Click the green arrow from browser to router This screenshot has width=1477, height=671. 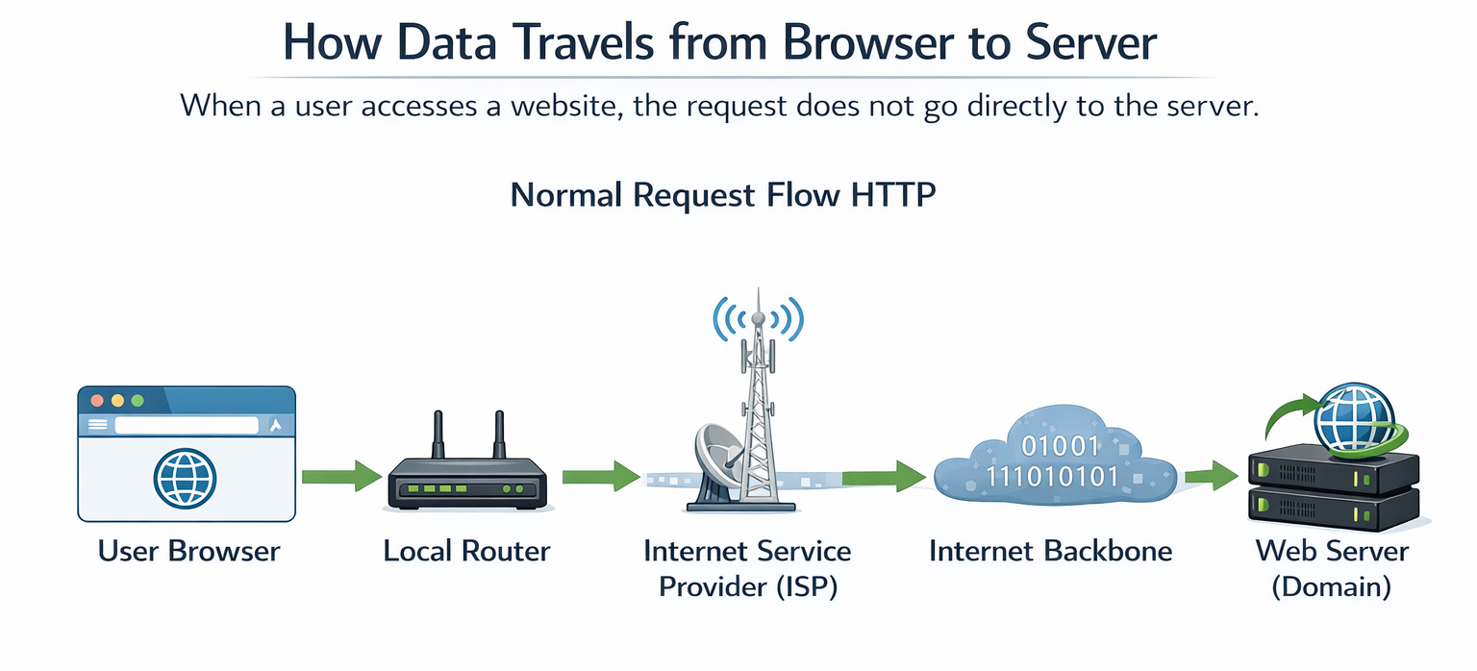point(341,476)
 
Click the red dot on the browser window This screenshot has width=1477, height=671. point(96,400)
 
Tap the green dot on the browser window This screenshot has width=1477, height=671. point(137,400)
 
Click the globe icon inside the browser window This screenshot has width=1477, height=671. point(185,477)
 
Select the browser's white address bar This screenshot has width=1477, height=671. point(187,425)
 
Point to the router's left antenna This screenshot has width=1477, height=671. point(438,437)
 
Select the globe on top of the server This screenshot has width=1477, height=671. point(1355,417)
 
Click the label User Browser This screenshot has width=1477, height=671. point(188,552)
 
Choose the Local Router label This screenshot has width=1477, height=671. point(466,552)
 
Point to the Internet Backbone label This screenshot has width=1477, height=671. point(1051,552)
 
